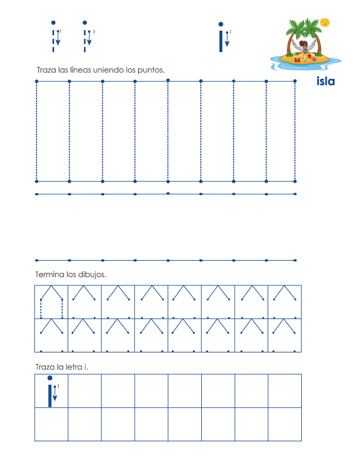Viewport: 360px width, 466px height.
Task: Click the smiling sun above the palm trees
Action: tap(325, 22)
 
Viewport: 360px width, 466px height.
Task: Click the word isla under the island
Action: tap(325, 81)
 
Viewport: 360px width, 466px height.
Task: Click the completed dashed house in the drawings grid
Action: tap(51, 301)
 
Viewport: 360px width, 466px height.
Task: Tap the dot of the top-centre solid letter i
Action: tap(221, 25)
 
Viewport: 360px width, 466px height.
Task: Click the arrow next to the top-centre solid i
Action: tap(227, 39)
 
